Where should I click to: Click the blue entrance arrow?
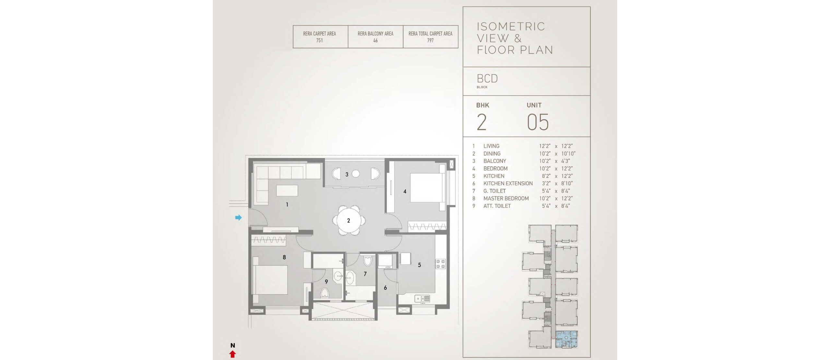(238, 217)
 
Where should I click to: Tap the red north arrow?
(232, 354)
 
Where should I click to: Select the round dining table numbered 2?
(349, 221)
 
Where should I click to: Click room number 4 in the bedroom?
(405, 192)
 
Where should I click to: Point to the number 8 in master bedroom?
(284, 257)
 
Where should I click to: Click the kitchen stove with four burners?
(440, 264)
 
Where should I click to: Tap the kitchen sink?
(422, 298)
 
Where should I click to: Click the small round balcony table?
(356, 174)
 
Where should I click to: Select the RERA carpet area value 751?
(319, 41)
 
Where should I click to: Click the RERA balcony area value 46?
(375, 41)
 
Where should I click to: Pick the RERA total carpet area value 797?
(430, 41)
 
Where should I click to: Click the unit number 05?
(538, 122)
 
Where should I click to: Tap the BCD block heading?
(487, 78)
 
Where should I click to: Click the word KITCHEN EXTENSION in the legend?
(508, 183)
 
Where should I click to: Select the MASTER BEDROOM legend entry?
(506, 198)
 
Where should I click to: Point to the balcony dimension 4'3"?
(565, 161)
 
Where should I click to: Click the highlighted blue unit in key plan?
(566, 339)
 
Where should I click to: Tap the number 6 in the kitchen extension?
(385, 288)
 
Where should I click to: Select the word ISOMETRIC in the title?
(511, 27)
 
